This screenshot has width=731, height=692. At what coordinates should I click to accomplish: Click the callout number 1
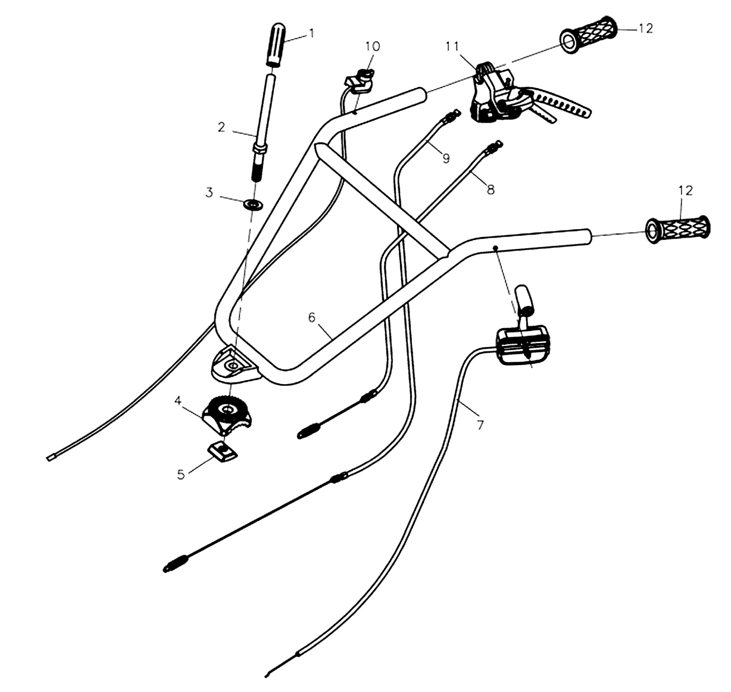point(311,33)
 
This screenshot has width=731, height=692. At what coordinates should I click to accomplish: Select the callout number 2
point(221,127)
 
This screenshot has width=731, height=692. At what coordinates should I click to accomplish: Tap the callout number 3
point(210,193)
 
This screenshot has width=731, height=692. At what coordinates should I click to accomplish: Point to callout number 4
point(178,401)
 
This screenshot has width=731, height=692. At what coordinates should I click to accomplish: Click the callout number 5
point(181,475)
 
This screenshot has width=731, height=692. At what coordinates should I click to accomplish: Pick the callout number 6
point(311,317)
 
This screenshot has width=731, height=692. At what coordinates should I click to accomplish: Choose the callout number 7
point(480,425)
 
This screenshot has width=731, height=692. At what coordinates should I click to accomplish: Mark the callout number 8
point(491,190)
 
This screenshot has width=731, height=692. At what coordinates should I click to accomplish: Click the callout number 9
point(446,158)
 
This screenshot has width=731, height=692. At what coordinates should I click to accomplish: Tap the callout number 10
point(373,46)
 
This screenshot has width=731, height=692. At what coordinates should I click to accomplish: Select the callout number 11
point(452,47)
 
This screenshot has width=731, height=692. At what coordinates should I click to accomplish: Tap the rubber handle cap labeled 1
point(275,45)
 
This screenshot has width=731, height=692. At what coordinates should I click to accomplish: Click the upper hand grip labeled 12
point(589,35)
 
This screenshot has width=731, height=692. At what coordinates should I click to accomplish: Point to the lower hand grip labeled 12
point(677,229)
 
